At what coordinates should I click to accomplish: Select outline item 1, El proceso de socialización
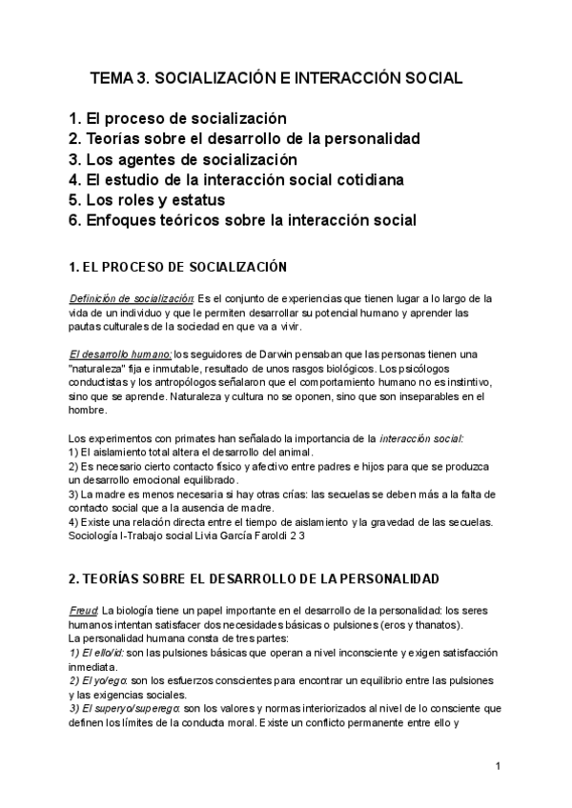click(178, 119)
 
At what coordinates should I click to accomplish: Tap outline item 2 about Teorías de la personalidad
click(245, 139)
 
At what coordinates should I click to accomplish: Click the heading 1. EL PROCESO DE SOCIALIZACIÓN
click(178, 266)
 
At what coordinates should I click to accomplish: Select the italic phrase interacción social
click(421, 437)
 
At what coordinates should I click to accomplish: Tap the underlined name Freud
click(84, 611)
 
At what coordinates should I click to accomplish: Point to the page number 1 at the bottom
click(498, 767)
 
